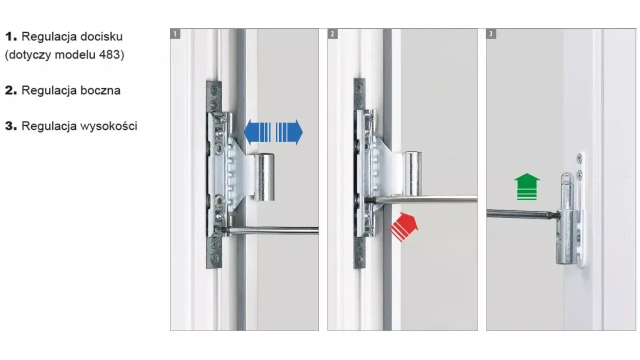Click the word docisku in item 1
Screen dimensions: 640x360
(101, 36)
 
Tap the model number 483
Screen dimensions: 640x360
(109, 54)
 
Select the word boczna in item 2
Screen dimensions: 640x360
(100, 90)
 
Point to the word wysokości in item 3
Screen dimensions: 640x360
(108, 126)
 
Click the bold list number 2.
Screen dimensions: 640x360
(11, 90)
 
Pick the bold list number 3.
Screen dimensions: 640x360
(11, 126)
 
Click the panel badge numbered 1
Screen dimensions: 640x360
(175, 34)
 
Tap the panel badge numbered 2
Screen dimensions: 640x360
(332, 34)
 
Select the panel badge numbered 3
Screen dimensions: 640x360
(491, 34)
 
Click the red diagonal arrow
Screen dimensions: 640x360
(403, 227)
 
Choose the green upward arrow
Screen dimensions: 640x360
(527, 186)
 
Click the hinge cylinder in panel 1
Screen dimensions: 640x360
(264, 177)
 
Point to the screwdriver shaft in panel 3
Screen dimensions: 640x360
(522, 214)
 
